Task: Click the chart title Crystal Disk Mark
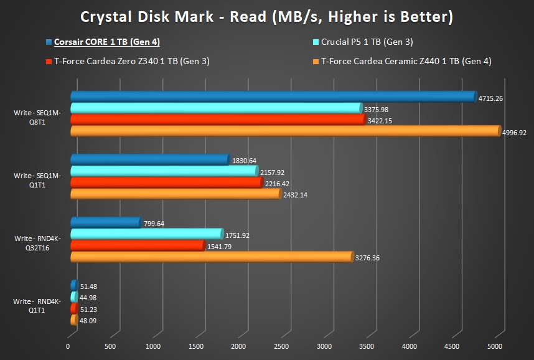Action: point(266,17)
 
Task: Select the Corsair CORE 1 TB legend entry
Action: point(106,42)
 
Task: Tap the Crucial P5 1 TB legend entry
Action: point(367,42)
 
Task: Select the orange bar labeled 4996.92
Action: point(284,131)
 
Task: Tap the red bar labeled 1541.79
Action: point(137,245)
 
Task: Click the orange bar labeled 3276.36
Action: point(212,257)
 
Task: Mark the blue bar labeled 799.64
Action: point(105,222)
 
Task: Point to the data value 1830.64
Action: point(244,161)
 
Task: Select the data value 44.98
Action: point(88,298)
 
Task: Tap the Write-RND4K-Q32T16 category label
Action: point(37,242)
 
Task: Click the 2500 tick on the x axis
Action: point(281,346)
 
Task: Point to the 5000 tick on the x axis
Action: point(495,346)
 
